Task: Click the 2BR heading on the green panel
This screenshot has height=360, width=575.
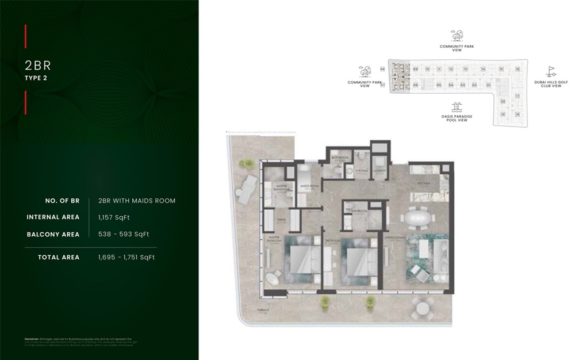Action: [39, 66]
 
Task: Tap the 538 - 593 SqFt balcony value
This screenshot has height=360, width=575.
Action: [124, 234]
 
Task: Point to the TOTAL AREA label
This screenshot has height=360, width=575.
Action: [59, 257]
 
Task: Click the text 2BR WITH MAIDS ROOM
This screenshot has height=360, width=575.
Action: [137, 201]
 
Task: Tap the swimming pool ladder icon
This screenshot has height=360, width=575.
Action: [457, 107]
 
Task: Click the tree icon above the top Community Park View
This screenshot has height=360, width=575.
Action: [457, 36]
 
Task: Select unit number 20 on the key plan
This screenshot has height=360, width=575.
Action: [503, 102]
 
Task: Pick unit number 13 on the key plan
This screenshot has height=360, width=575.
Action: [465, 69]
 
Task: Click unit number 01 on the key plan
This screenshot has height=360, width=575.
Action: [488, 85]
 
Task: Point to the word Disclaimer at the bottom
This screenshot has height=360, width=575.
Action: [32, 339]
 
